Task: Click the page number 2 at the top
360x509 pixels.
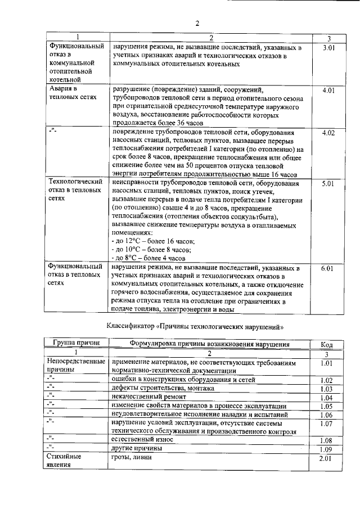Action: coord(197,23)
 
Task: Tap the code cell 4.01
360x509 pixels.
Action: coord(328,90)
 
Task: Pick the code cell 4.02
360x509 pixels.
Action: coord(328,133)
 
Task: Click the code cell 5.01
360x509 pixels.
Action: coord(328,183)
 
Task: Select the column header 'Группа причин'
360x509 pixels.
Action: coord(76,343)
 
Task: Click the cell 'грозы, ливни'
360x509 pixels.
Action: coord(132,458)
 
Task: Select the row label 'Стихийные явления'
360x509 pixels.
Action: coord(66,462)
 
